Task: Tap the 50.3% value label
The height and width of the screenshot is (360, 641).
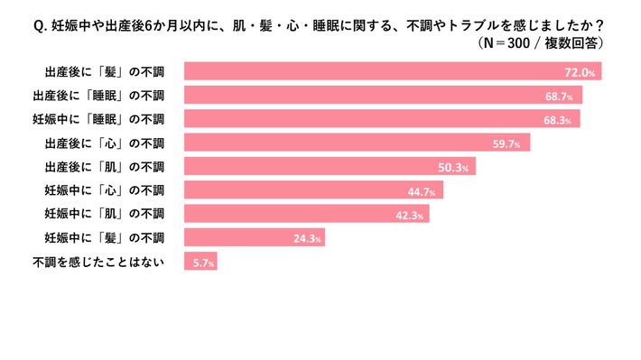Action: [455, 167]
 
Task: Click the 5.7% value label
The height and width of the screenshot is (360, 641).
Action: [201, 263]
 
